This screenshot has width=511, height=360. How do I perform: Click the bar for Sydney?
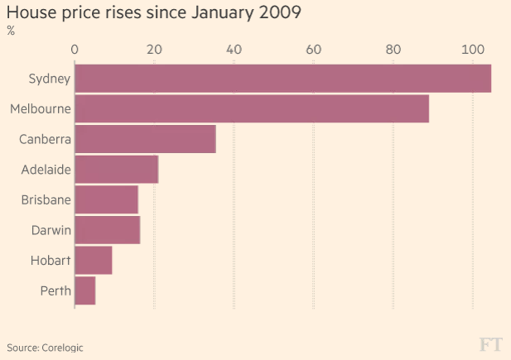pos(282,79)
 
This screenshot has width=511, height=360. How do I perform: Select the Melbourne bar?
pos(252,109)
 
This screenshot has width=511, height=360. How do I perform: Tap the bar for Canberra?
pos(145,139)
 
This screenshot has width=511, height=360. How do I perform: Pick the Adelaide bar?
pos(116,170)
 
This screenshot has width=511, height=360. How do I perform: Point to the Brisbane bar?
pos(106,199)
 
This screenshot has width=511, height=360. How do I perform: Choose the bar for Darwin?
pos(107,229)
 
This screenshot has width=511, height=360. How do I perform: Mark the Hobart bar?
pos(93,260)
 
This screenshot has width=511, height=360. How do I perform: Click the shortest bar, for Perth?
pos(84,290)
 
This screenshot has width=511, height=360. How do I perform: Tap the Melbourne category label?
pos(40,109)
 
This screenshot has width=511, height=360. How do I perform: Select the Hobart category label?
pos(49,260)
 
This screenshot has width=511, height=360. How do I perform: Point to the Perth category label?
pos(55,290)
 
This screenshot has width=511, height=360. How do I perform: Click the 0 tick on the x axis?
pos(75,50)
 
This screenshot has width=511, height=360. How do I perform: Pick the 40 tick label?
pos(234,50)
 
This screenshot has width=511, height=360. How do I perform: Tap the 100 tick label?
pos(472,50)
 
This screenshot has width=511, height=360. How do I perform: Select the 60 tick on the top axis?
pos(313,50)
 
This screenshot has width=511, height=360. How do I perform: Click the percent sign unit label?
pos(11,31)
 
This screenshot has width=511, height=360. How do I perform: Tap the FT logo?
pos(491,344)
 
